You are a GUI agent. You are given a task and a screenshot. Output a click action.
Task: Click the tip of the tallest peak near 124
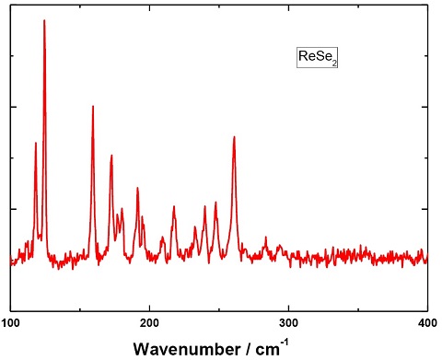(44, 20)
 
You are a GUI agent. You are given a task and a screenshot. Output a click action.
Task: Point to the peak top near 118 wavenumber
(36, 143)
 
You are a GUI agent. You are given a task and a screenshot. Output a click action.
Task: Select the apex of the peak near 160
(93, 106)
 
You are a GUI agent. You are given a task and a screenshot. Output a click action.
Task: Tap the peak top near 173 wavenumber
(111, 156)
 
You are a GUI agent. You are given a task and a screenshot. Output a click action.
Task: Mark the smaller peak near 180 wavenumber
(122, 209)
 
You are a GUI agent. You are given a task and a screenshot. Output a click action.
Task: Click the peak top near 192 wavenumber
(138, 188)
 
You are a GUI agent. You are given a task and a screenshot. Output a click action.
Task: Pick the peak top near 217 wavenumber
(173, 207)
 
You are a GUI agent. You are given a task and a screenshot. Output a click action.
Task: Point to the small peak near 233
(195, 226)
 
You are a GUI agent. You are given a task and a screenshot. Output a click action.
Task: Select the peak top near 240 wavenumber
(205, 206)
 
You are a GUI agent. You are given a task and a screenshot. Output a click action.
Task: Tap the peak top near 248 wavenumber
(216, 202)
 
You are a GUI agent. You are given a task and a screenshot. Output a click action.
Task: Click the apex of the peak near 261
(234, 137)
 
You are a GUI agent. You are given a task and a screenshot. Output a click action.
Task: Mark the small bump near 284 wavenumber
(266, 238)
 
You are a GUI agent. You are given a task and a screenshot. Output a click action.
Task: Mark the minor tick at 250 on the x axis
(219, 309)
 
